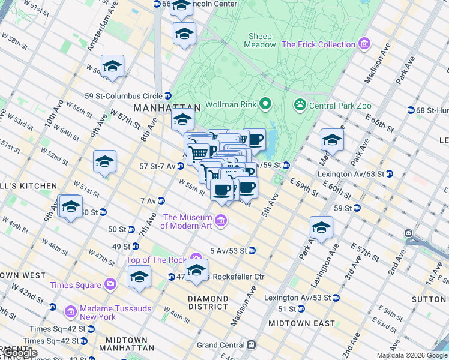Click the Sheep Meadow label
click(261, 40)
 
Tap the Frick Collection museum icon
click(364, 44)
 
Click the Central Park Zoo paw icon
click(300, 106)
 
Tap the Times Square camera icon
click(110, 284)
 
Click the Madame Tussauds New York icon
click(71, 311)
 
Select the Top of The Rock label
click(157, 260)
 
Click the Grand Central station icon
click(251, 345)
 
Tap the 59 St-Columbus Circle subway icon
click(168, 95)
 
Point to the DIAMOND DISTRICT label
click(208, 302)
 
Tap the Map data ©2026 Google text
click(411, 355)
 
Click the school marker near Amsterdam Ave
click(112, 67)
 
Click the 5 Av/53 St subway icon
click(252, 250)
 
